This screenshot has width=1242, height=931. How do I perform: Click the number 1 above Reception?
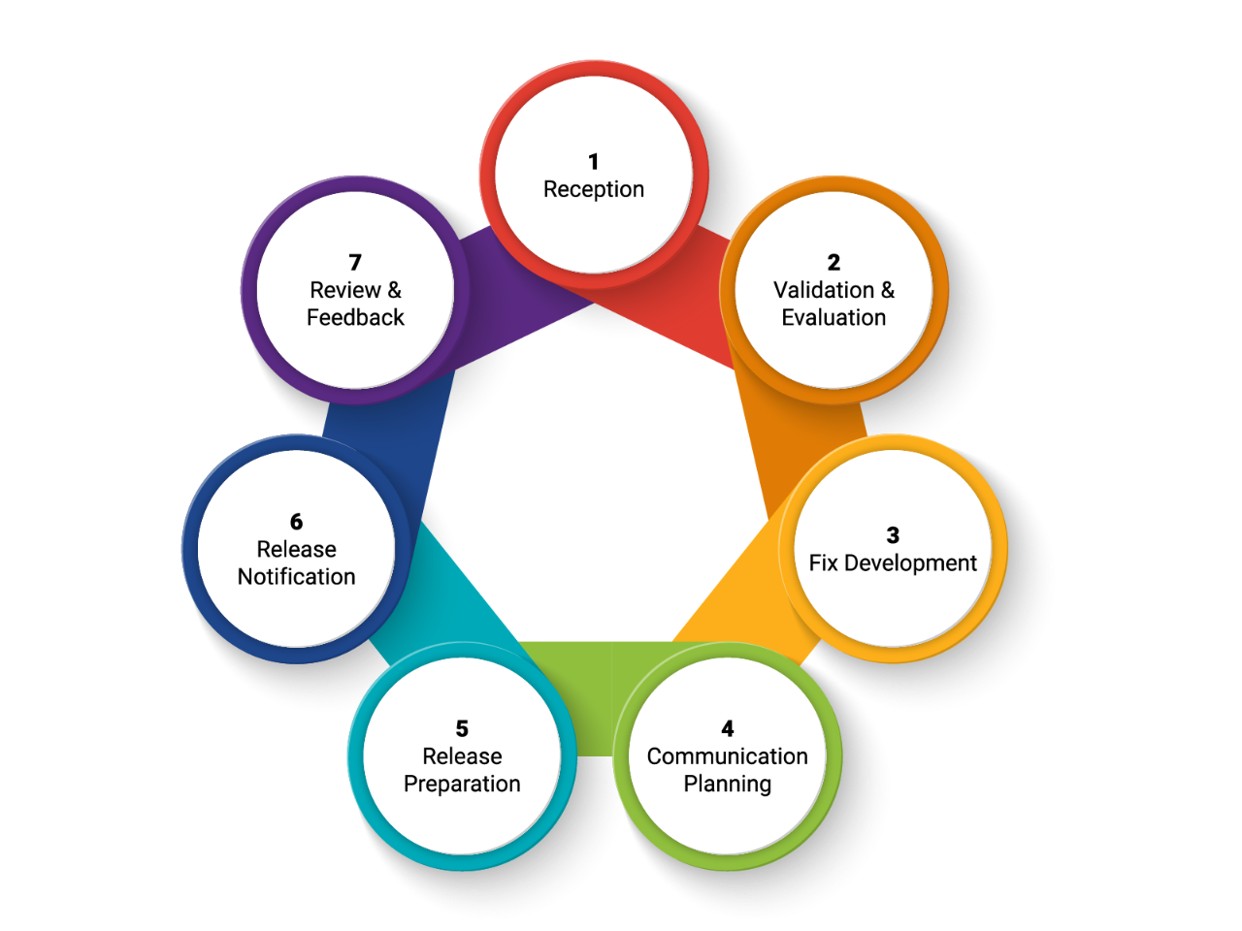coord(594,162)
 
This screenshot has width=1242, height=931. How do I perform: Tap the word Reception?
coord(594,189)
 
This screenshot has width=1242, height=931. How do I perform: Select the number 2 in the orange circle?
coord(833,263)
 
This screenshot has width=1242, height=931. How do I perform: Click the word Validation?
coord(824,290)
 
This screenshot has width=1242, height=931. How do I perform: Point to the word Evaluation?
coord(833,317)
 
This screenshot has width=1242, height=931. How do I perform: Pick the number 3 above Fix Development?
coord(893,535)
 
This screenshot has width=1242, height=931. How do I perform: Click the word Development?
coord(910,563)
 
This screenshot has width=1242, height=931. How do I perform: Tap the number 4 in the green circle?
coord(728,729)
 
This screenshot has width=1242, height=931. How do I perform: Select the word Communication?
coord(728,756)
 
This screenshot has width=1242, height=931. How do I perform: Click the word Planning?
coord(728,784)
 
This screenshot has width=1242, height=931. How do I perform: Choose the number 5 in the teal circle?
coord(462,729)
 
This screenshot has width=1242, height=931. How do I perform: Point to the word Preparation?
coord(462,784)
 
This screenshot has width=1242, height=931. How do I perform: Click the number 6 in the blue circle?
coord(296,522)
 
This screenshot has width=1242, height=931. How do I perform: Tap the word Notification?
coord(296,577)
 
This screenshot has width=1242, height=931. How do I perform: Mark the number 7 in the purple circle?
coord(355,263)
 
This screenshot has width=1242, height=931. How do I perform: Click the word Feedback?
coord(355,317)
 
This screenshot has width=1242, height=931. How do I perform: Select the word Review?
coord(345,290)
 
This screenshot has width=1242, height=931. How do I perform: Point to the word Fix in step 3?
coord(823,563)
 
